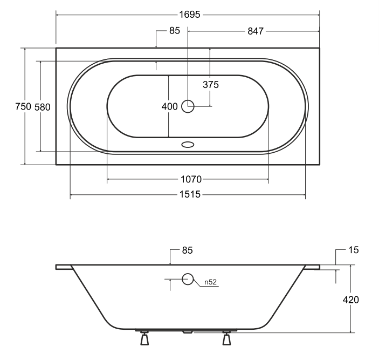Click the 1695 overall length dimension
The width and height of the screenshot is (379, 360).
tap(190, 15)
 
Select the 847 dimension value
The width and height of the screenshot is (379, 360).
tap(256, 31)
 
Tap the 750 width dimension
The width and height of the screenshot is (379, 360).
tap(23, 106)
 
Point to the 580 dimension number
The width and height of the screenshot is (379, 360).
tap(43, 107)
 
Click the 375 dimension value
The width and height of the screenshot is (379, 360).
tap(211, 85)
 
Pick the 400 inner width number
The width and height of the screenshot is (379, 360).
tap(170, 106)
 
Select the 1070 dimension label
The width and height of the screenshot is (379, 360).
tap(191, 179)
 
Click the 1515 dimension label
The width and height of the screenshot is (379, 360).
tap(190, 194)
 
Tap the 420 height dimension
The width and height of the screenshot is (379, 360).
tap(351, 300)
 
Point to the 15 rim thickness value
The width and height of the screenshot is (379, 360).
tap(354, 250)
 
